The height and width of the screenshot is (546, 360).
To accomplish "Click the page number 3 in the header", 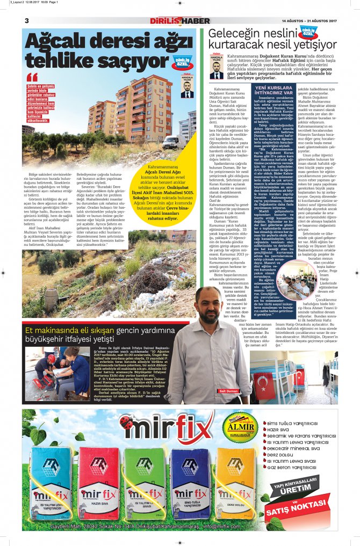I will (x=26, y=20).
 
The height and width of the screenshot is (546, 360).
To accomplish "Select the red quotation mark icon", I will (x=32, y=77).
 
